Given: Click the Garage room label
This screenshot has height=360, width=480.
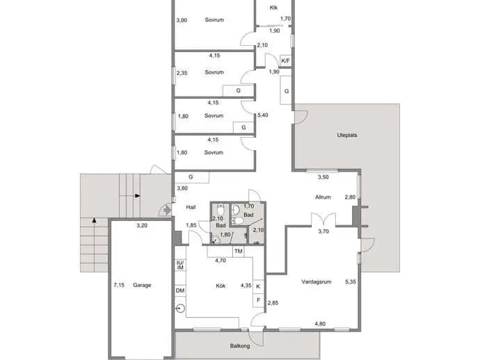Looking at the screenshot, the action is pos(142,285).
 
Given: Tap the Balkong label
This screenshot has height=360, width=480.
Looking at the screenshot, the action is pos(240,346).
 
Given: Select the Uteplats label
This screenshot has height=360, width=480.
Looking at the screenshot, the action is pos(347,136).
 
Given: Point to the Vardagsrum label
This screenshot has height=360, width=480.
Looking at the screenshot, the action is pos(317,281).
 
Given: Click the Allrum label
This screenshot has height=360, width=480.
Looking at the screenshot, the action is pos(323,197).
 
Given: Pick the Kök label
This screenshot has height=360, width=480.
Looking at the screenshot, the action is pos(221,286).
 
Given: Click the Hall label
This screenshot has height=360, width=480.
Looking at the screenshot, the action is pos(191,207).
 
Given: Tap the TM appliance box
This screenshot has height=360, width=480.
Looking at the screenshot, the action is pos(239,252).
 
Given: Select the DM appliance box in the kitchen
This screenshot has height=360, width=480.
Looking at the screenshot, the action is pos(180,291).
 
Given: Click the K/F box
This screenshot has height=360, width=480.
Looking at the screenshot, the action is pos(285,60).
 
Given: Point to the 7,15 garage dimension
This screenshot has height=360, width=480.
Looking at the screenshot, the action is pos(119,285).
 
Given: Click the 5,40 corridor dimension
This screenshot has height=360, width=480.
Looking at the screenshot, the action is pos(263,115).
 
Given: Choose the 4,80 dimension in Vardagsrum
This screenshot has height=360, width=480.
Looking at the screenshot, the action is pos(320,324).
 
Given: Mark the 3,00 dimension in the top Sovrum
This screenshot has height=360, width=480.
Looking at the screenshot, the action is pos(182,20).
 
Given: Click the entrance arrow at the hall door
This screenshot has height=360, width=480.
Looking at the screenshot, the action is pos(166,210).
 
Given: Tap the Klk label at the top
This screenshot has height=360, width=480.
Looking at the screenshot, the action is pos(273,8).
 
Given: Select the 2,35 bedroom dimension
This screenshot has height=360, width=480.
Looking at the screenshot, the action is pos(182,73).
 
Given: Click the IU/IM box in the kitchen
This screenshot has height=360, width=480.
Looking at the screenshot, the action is pos(180,265).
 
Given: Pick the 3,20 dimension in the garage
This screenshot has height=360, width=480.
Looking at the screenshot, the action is pos(142,226).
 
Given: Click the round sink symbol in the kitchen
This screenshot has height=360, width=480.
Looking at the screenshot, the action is pos(181,309).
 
